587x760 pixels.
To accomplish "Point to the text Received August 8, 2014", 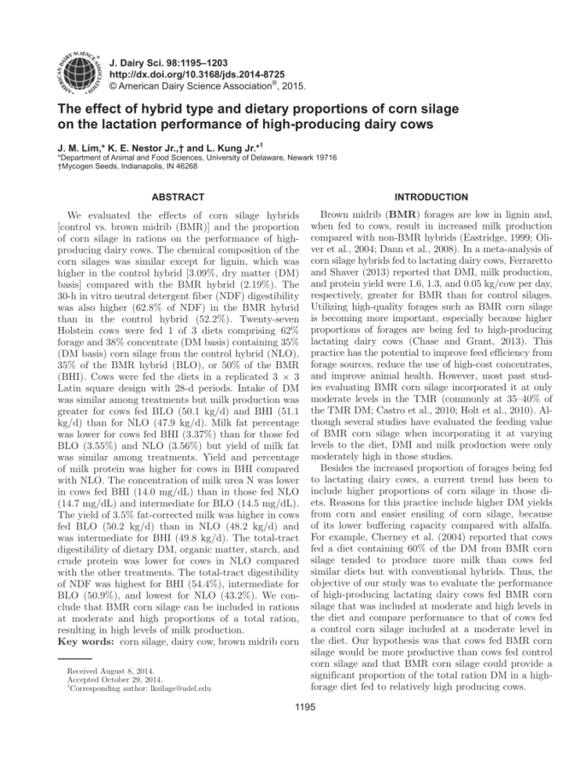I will tap(103, 671).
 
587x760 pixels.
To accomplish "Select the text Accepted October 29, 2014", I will tap(106, 680).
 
